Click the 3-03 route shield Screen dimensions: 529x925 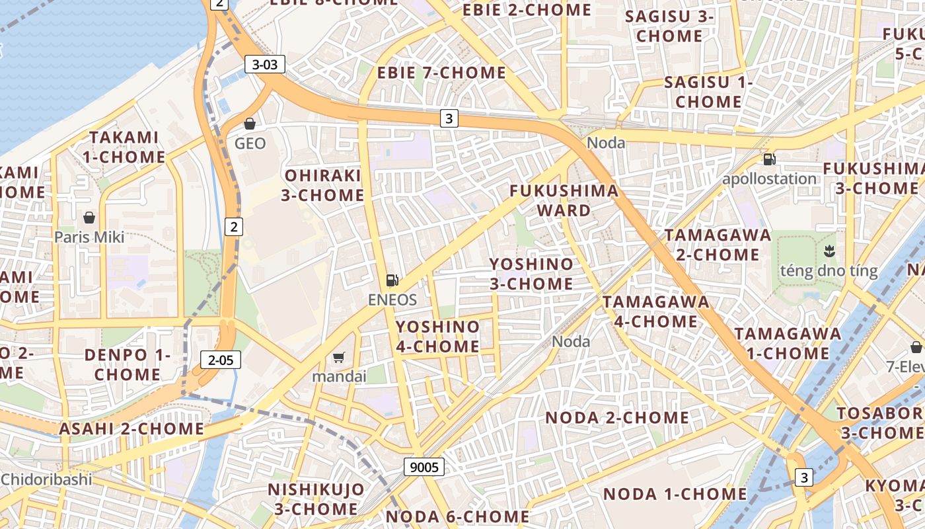265,64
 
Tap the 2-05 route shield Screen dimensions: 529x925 221,360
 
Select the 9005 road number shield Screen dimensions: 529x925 424,467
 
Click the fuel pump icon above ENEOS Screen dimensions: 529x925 392,280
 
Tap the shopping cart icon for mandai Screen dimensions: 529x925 339,358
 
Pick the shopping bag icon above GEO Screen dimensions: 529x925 250,124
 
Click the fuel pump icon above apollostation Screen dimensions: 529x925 769,159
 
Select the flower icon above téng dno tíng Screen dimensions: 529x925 829,251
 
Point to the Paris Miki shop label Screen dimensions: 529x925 89,237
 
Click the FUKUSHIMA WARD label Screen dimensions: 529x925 564,201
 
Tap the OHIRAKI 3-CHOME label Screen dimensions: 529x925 323,185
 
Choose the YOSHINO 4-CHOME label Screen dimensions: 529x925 437,337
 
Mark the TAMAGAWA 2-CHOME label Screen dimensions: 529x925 718,245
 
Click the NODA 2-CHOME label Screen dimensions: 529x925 617,418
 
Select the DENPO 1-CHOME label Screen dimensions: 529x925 128,364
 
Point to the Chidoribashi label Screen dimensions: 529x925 46,479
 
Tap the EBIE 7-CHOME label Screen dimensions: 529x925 441,73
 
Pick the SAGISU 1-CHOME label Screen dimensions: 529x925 708,92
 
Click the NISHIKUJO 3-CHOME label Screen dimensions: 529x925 316,499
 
